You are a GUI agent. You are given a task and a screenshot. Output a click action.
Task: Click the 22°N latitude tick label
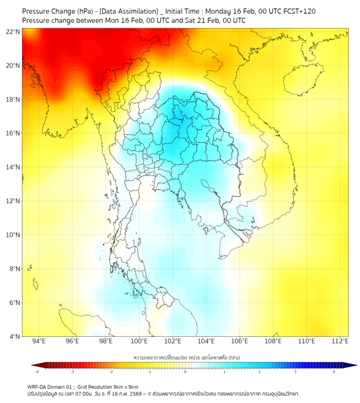13,31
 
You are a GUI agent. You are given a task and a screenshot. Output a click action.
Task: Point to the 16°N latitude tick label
13,133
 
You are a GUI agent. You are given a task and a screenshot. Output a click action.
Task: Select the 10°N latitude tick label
13,235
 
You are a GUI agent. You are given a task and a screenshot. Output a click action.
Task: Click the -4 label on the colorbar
37,372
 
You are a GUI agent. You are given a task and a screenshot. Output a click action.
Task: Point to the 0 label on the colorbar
185,372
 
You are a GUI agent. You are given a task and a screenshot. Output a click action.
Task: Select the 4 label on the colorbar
334,372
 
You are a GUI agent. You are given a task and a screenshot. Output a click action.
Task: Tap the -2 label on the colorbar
111,372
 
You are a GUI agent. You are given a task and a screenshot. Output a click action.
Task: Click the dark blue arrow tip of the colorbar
353,365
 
